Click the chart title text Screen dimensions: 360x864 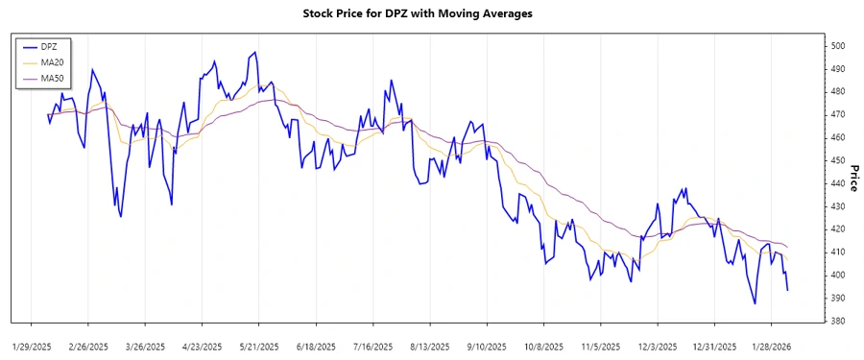[431, 14]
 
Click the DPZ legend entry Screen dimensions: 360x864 [49, 46]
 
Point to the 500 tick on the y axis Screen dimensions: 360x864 [837, 46]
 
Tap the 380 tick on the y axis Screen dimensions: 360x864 [837, 321]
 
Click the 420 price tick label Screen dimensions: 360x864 [837, 229]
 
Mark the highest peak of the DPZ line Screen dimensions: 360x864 [254, 52]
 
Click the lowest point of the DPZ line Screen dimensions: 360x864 [755, 303]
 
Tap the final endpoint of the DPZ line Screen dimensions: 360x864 [788, 290]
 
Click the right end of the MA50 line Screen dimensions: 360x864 [788, 248]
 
